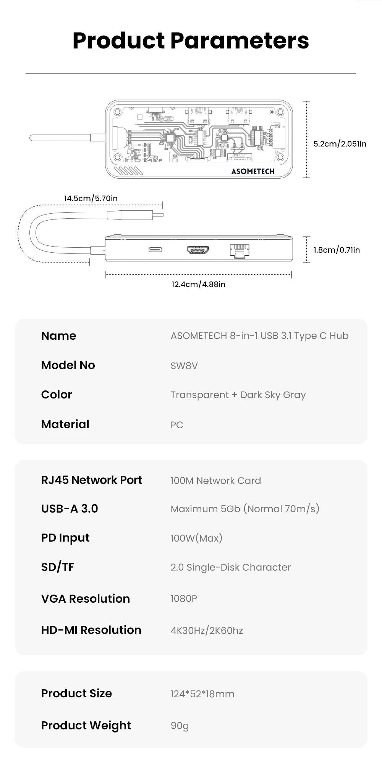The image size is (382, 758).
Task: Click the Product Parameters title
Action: point(191,40)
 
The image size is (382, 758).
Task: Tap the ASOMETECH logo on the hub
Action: point(253,171)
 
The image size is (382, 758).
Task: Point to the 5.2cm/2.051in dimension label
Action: point(340,144)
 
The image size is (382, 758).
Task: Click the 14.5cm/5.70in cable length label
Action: point(91,198)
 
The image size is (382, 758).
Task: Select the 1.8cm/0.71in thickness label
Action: point(337,250)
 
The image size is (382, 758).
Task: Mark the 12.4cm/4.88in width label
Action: point(198,284)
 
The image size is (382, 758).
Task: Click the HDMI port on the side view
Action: point(197,250)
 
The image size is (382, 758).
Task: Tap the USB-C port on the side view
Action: point(155,250)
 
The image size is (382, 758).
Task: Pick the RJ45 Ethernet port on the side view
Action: point(240,251)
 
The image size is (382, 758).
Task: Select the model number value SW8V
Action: point(184,366)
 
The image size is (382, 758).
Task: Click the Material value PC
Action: point(177,425)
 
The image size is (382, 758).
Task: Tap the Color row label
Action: point(57,395)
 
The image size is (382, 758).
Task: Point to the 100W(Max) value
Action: point(196,538)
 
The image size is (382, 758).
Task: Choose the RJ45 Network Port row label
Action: point(91,480)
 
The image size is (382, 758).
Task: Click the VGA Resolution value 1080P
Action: point(184,598)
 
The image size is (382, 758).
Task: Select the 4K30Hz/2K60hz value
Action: point(207,631)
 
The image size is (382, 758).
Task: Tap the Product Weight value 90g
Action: point(180,726)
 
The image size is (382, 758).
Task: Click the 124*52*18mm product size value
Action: point(202,694)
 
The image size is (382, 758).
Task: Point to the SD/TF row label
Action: point(58,567)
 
